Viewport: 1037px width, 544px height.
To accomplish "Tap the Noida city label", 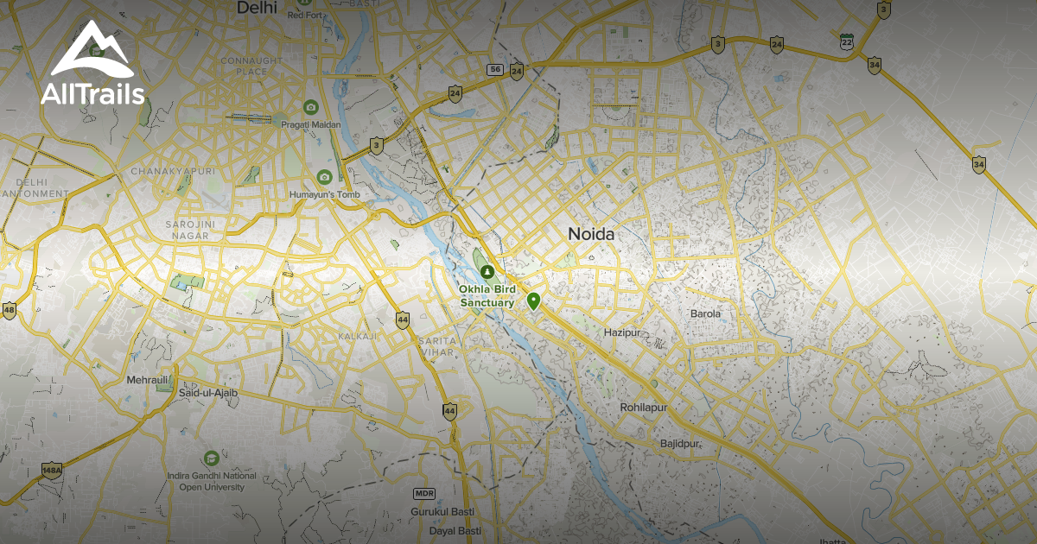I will tap(591, 233).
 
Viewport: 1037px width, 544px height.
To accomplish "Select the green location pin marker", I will tap(534, 301).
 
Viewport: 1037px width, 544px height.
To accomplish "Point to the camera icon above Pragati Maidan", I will tap(311, 107).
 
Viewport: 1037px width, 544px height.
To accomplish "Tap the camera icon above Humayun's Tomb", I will tap(324, 177).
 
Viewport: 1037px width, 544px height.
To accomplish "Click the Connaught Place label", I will tap(251, 66).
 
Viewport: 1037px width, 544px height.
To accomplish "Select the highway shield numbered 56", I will tap(494, 69).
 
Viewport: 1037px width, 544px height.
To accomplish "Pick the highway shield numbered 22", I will tap(846, 41).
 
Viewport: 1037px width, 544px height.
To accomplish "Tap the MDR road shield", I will tap(423, 493).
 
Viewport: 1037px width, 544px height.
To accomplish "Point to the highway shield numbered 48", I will tap(10, 309).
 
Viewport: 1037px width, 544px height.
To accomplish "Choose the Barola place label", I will tap(704, 313).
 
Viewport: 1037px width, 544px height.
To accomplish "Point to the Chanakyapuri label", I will tap(172, 171).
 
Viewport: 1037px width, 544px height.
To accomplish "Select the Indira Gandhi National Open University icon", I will tap(211, 458).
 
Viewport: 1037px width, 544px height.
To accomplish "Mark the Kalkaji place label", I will tap(358, 335).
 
